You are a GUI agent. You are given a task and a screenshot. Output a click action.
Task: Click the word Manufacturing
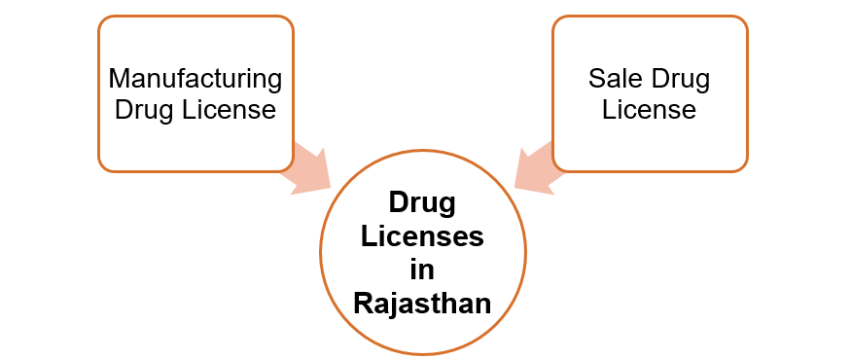pos(195,78)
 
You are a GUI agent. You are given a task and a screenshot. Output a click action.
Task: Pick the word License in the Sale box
pos(649,110)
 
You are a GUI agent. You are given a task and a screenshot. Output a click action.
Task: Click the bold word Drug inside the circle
pos(423,202)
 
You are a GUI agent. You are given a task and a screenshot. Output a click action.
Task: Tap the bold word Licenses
pos(423,235)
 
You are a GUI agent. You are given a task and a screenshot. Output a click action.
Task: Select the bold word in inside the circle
pos(423,269)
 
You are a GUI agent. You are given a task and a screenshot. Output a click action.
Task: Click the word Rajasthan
pos(423,303)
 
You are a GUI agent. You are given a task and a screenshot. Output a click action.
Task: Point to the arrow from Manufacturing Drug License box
pos(306,167)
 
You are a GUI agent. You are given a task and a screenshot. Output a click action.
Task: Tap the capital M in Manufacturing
pos(119,78)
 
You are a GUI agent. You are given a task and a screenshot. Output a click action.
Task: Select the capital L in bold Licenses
pos(369,235)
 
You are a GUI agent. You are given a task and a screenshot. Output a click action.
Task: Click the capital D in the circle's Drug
pos(398,202)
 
